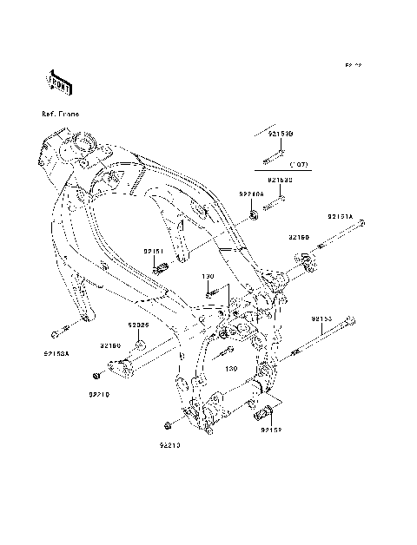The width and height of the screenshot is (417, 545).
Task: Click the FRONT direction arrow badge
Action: coord(58,81)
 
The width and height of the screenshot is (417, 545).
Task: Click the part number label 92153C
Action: coord(280,180)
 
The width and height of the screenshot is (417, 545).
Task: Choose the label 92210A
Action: coord(253,196)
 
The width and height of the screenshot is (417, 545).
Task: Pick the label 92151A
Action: coord(340,216)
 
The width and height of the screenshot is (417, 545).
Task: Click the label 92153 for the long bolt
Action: coord(323,319)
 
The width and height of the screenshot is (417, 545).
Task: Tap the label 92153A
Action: coord(56,353)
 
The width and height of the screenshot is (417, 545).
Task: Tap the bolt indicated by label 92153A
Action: coord(56,334)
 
